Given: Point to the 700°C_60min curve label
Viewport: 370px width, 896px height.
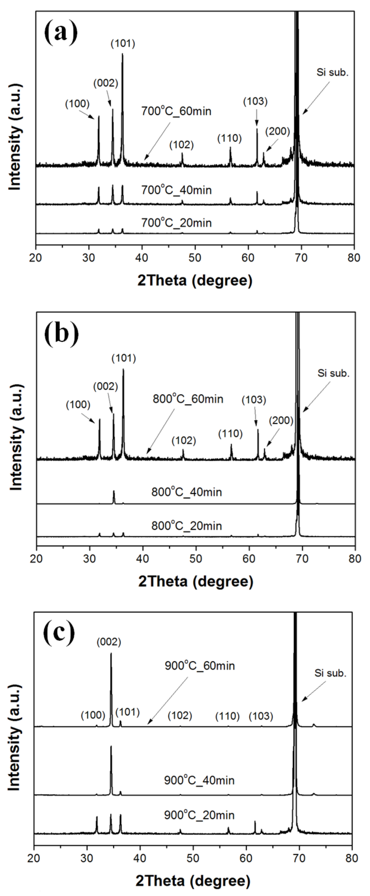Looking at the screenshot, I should pos(176,111).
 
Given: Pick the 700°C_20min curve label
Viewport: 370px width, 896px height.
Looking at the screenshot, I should pos(176,223).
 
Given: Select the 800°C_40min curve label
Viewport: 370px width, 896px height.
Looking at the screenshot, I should pos(187,492).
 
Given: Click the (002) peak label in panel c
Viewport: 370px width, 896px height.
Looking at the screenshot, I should pos(109,642).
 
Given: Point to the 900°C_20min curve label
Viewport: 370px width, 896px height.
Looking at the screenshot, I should pos(199,815).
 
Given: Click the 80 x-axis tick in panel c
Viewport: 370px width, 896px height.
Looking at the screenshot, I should pos(351,858).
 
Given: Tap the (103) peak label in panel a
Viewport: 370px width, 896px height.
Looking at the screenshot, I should pos(255,102).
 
